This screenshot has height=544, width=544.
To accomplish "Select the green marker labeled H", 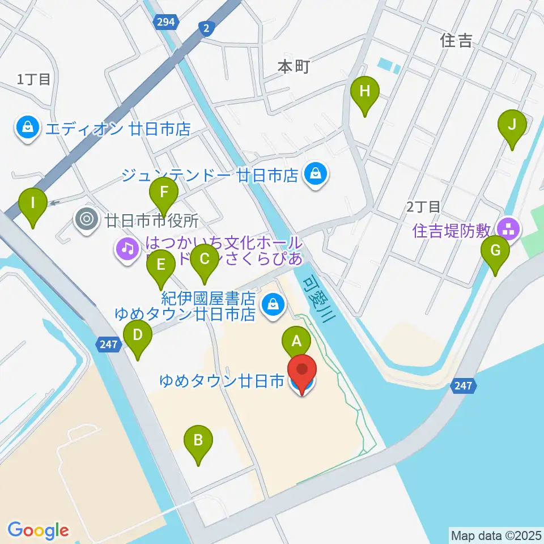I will pyautogui.click(x=364, y=91).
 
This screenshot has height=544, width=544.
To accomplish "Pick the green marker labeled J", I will pyautogui.click(x=512, y=124).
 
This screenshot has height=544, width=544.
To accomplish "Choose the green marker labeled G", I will pyautogui.click(x=495, y=250).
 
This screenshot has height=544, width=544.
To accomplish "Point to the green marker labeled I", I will pyautogui.click(x=32, y=202).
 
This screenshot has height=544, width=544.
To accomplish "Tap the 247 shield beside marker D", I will pyautogui.click(x=108, y=344).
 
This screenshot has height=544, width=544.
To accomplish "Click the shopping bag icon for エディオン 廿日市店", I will pyautogui.click(x=27, y=129).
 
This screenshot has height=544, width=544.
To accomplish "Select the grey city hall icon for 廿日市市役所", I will pyautogui.click(x=87, y=218).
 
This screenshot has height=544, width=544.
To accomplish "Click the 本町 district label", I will pyautogui.click(x=294, y=67).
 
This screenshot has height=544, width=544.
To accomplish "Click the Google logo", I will pyautogui.click(x=38, y=530).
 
